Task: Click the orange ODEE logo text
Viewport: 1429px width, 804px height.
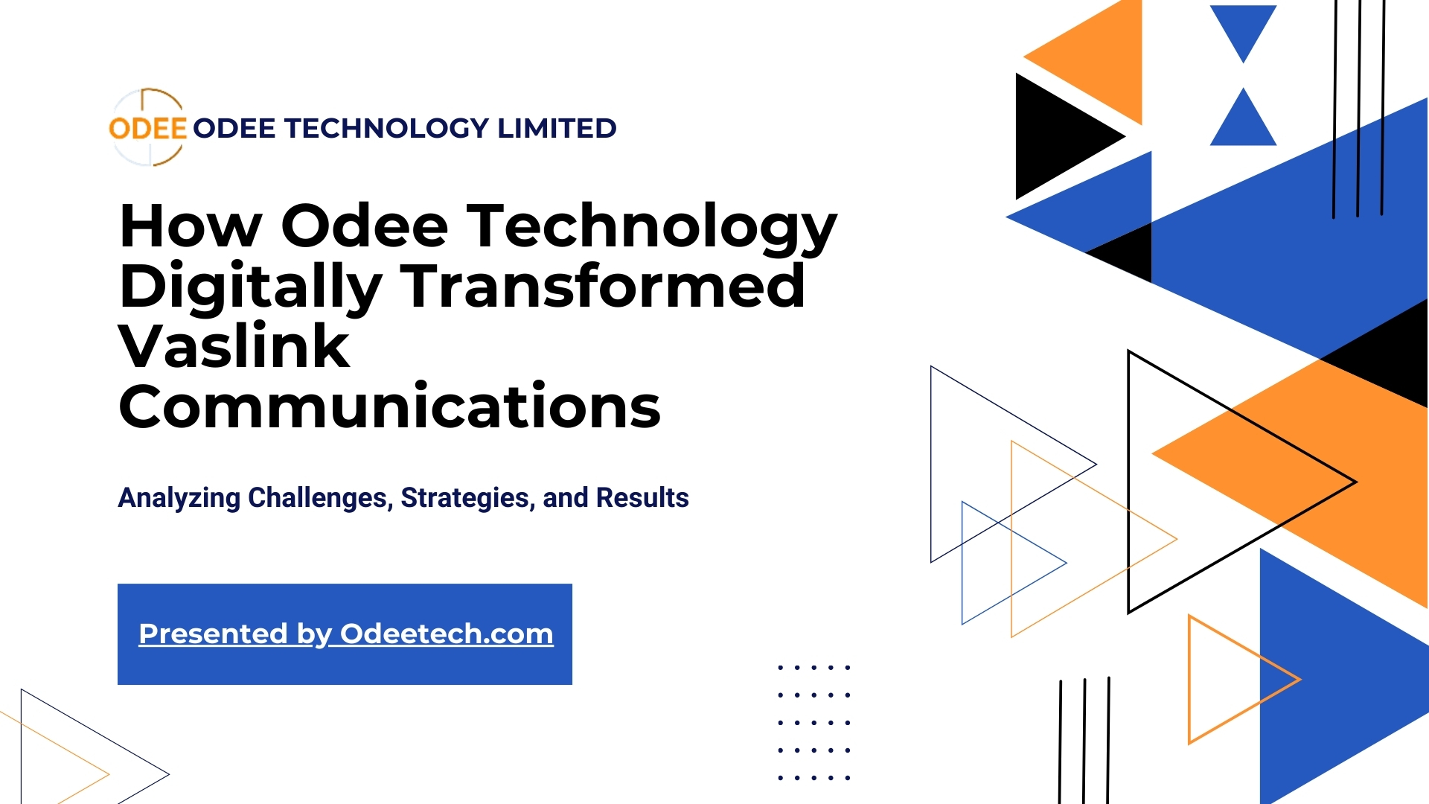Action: coord(147,128)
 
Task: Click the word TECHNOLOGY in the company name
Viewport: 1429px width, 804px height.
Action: coord(386,128)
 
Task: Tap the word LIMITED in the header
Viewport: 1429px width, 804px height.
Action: coord(557,128)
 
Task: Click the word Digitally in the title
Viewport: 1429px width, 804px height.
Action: coord(251,288)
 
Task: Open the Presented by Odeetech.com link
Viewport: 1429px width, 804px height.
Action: coord(346,634)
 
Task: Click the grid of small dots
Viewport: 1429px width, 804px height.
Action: coord(813,722)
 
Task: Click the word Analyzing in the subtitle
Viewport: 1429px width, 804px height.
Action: coord(179,497)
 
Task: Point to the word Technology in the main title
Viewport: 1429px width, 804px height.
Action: coord(652,227)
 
